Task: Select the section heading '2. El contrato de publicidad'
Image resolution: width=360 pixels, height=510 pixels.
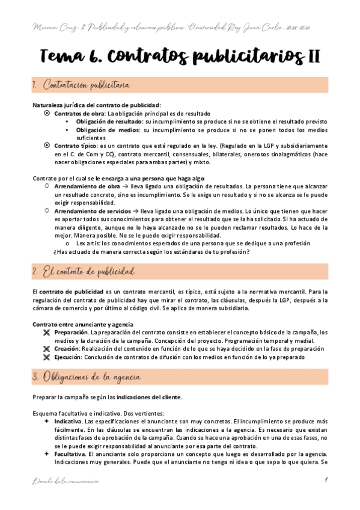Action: click(84, 274)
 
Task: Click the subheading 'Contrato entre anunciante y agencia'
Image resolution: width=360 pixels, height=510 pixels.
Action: click(82, 324)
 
